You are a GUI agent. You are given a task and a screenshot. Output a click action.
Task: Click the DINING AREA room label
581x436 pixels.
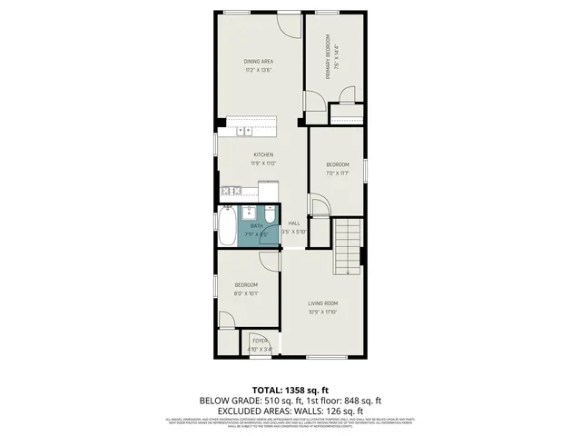tap(259, 61)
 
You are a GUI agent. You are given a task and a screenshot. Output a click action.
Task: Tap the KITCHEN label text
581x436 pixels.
tap(263, 154)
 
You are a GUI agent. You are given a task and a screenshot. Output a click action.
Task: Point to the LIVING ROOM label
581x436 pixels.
tap(322, 302)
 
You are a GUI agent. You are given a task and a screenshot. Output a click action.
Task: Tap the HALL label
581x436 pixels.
tap(294, 223)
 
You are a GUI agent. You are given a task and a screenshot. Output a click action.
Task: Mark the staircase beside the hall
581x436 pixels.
tap(347, 245)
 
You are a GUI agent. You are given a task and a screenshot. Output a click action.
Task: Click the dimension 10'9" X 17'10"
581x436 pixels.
tap(322, 312)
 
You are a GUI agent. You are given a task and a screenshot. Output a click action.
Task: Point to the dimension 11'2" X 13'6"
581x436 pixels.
tap(259, 70)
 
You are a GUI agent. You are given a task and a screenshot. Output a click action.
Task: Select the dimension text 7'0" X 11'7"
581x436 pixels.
tap(338, 173)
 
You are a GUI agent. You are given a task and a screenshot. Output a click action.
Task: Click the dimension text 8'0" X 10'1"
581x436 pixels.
tap(246, 293)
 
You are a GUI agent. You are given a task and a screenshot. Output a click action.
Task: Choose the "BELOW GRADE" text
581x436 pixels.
tap(228, 400)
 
